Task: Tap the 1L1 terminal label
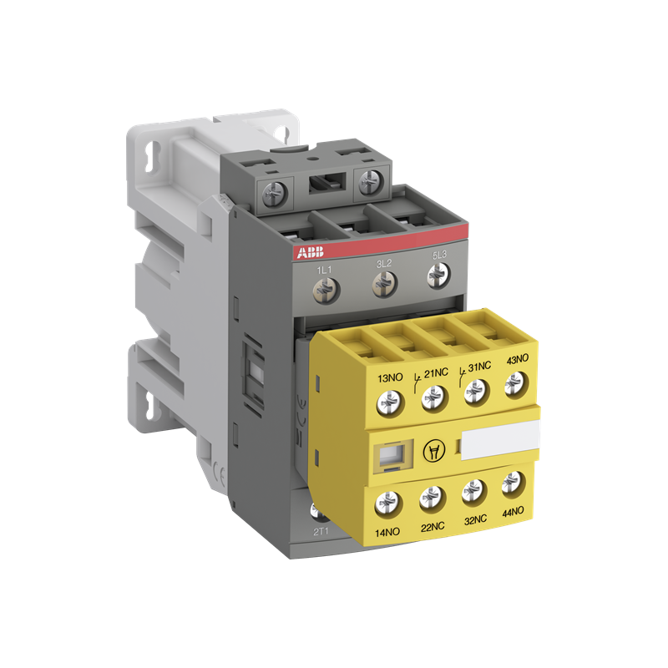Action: click(x=326, y=270)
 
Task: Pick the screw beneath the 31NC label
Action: click(x=477, y=389)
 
